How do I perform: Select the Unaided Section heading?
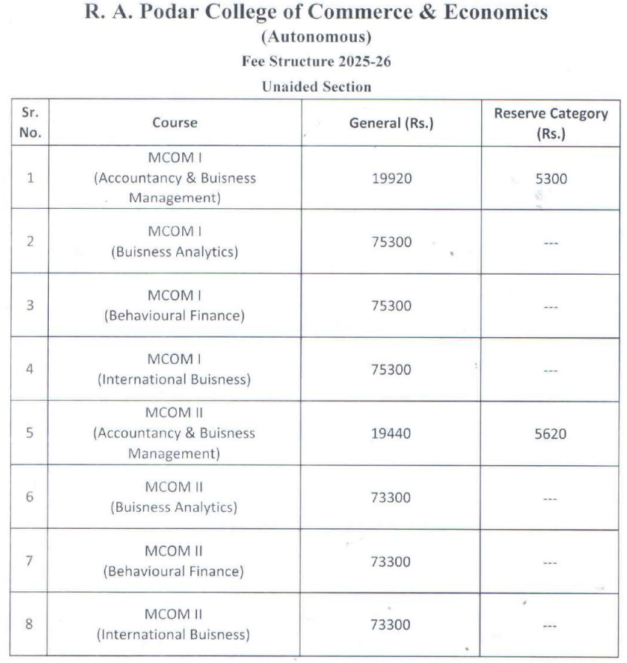(x=316, y=87)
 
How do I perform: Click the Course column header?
(x=175, y=123)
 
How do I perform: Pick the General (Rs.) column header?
(x=391, y=124)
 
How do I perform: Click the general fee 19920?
(x=391, y=179)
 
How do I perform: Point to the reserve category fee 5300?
(x=550, y=179)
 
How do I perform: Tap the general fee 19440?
(x=391, y=433)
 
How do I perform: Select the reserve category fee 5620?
(x=550, y=433)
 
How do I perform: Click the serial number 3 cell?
(x=30, y=306)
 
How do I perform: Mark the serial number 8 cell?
(x=30, y=624)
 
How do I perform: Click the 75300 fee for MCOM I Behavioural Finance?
(x=391, y=306)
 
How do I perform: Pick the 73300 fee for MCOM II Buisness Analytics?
(x=391, y=497)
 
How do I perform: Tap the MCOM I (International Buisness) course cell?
(x=175, y=370)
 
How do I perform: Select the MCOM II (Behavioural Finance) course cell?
(x=175, y=561)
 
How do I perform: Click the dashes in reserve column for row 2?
(x=550, y=242)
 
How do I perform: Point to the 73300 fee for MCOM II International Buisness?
(x=391, y=624)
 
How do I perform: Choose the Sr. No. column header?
(x=30, y=123)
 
